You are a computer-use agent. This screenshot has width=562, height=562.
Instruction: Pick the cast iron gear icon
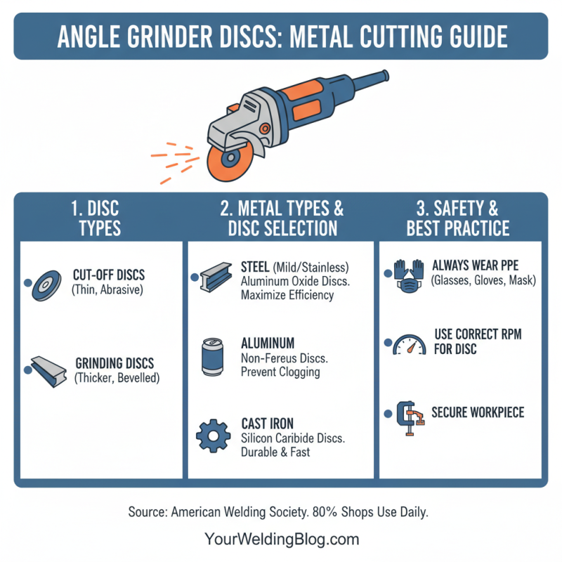point(212,436)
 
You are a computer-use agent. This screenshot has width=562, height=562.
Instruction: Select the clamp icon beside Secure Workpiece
point(409,419)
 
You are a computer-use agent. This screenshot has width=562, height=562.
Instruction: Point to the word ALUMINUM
point(268,344)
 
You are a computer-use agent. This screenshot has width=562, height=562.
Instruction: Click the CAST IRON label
point(267,424)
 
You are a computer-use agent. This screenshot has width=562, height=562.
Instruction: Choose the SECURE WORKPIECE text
point(478,412)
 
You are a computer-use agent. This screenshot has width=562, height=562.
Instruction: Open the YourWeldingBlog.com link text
point(281,540)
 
